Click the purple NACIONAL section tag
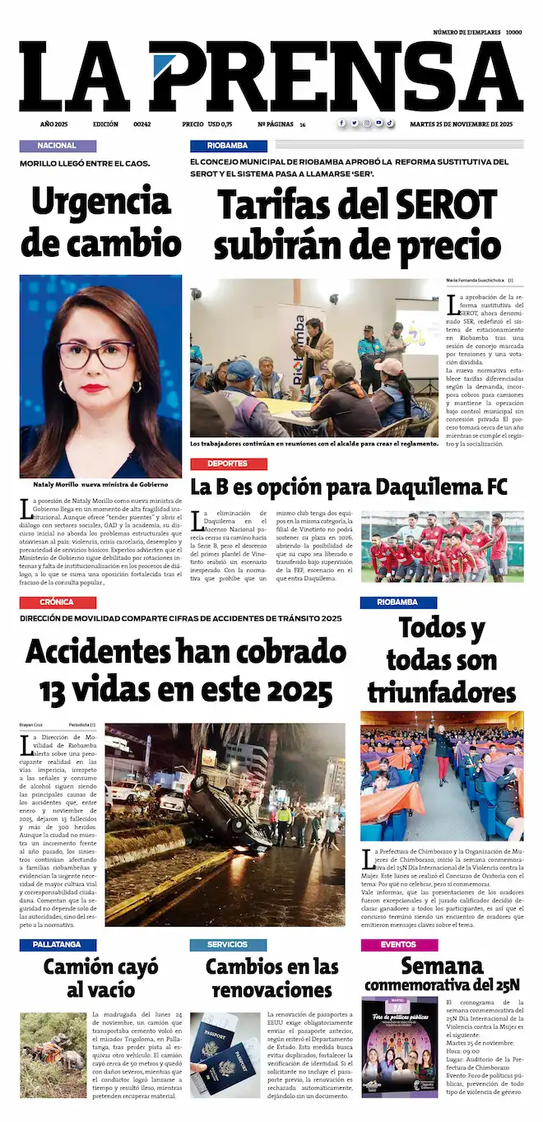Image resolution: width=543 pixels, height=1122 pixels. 58,146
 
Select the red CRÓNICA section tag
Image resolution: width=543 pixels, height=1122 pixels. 58,603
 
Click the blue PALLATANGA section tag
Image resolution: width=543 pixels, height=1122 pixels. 58,945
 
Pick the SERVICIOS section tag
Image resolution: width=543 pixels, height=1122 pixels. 228,945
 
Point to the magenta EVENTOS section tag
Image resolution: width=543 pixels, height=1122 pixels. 398,945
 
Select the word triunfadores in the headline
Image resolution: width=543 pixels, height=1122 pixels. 441,692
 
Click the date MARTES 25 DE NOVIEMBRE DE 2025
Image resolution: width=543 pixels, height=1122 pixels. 462,123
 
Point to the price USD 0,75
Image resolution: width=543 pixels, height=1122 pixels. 220,123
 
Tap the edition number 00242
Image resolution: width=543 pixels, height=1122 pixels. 142,123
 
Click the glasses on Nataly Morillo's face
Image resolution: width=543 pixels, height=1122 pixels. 96,355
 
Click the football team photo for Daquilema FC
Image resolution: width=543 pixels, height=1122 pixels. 442,547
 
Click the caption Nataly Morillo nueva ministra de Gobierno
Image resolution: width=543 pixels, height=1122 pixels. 100,484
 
